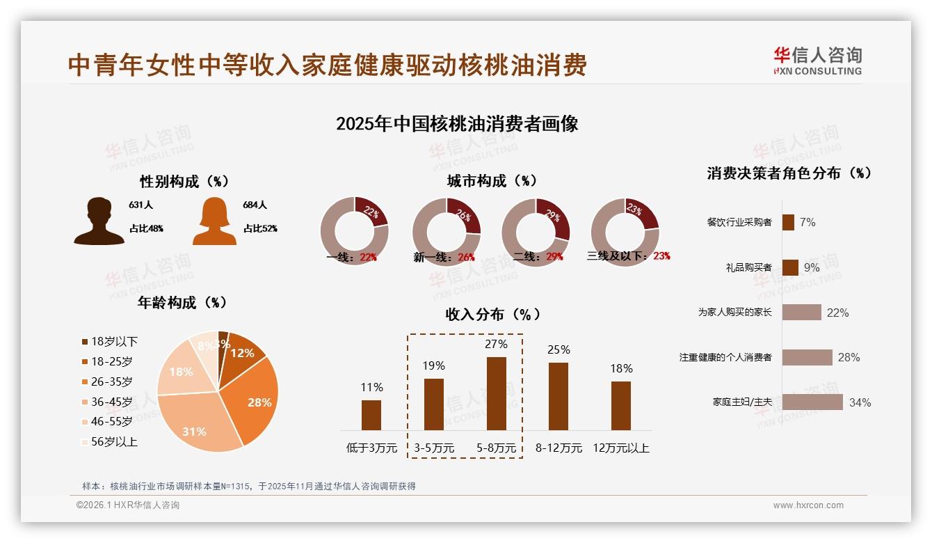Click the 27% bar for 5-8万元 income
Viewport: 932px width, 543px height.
496,393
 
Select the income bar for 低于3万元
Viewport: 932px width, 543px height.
371,415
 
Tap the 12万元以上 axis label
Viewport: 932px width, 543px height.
620,448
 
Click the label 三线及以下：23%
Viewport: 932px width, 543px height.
628,256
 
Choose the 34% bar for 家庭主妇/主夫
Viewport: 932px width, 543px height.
812,402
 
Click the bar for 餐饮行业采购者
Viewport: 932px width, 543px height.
788,222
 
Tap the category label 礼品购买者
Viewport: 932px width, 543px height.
748,267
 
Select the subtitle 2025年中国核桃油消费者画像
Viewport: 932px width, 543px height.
457,124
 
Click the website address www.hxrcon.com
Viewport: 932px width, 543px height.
808,505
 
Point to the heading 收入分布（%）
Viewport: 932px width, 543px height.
492,314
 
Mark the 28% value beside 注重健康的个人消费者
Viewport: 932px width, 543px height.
849,357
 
